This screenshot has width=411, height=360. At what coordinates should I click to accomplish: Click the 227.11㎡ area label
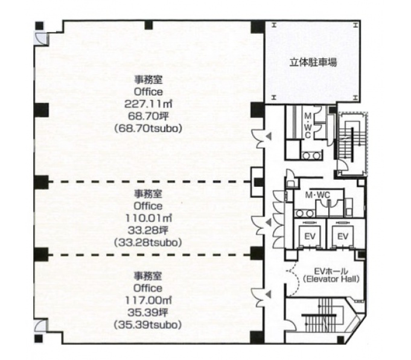point(148,104)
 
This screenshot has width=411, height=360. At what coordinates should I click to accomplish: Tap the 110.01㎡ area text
point(148,218)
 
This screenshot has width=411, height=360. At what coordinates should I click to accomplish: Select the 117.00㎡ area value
point(148,300)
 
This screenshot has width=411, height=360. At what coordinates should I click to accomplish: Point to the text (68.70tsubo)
point(148,128)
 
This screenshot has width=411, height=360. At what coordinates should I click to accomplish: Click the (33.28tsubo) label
point(148,242)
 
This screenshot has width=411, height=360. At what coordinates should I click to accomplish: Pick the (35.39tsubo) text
point(148,325)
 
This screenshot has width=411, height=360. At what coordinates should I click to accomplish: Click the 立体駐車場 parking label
point(313,62)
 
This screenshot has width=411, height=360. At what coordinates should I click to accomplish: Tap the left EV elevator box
point(310,235)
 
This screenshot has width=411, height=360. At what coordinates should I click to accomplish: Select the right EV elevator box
point(343,235)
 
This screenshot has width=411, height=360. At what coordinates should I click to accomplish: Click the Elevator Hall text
point(331,279)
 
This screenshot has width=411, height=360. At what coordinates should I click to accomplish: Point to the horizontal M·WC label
point(317,195)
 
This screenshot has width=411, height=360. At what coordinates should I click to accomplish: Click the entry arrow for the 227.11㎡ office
point(269,136)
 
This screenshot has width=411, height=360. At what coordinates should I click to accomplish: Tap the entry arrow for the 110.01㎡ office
point(269,223)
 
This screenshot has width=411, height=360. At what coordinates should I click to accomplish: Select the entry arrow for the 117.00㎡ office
point(269,294)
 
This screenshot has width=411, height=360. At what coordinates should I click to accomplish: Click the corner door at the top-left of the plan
point(41,39)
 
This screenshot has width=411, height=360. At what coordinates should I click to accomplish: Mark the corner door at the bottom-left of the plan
point(41,326)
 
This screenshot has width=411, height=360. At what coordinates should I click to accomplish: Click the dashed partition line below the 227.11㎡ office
point(150,182)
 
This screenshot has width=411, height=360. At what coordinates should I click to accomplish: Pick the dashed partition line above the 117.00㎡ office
point(150,254)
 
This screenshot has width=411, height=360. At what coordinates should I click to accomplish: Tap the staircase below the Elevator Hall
point(323,316)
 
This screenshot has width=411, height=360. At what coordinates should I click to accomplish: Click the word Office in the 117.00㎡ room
point(148,288)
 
